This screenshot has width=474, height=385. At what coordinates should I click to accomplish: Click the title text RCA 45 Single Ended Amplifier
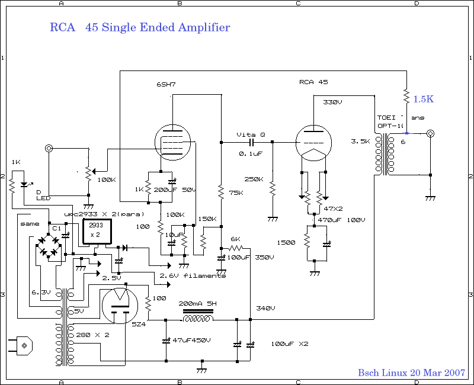140,28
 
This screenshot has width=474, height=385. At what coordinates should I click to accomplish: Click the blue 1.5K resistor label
423,100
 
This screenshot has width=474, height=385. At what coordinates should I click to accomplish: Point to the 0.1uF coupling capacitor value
249,154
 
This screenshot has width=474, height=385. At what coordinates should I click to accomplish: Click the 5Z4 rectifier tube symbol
120,306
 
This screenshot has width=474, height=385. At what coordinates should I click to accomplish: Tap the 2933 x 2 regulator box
96,230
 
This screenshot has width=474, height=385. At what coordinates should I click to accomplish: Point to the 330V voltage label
332,102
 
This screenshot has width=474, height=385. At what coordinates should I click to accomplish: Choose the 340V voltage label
266,308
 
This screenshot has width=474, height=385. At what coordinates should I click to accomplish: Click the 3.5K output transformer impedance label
360,142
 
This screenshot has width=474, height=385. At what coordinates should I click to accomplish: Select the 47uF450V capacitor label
191,340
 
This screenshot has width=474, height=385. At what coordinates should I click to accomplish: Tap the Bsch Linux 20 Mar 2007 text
411,373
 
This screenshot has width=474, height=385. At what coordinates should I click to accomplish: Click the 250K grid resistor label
254,179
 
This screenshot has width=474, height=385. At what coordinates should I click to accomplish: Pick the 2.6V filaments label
193,275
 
